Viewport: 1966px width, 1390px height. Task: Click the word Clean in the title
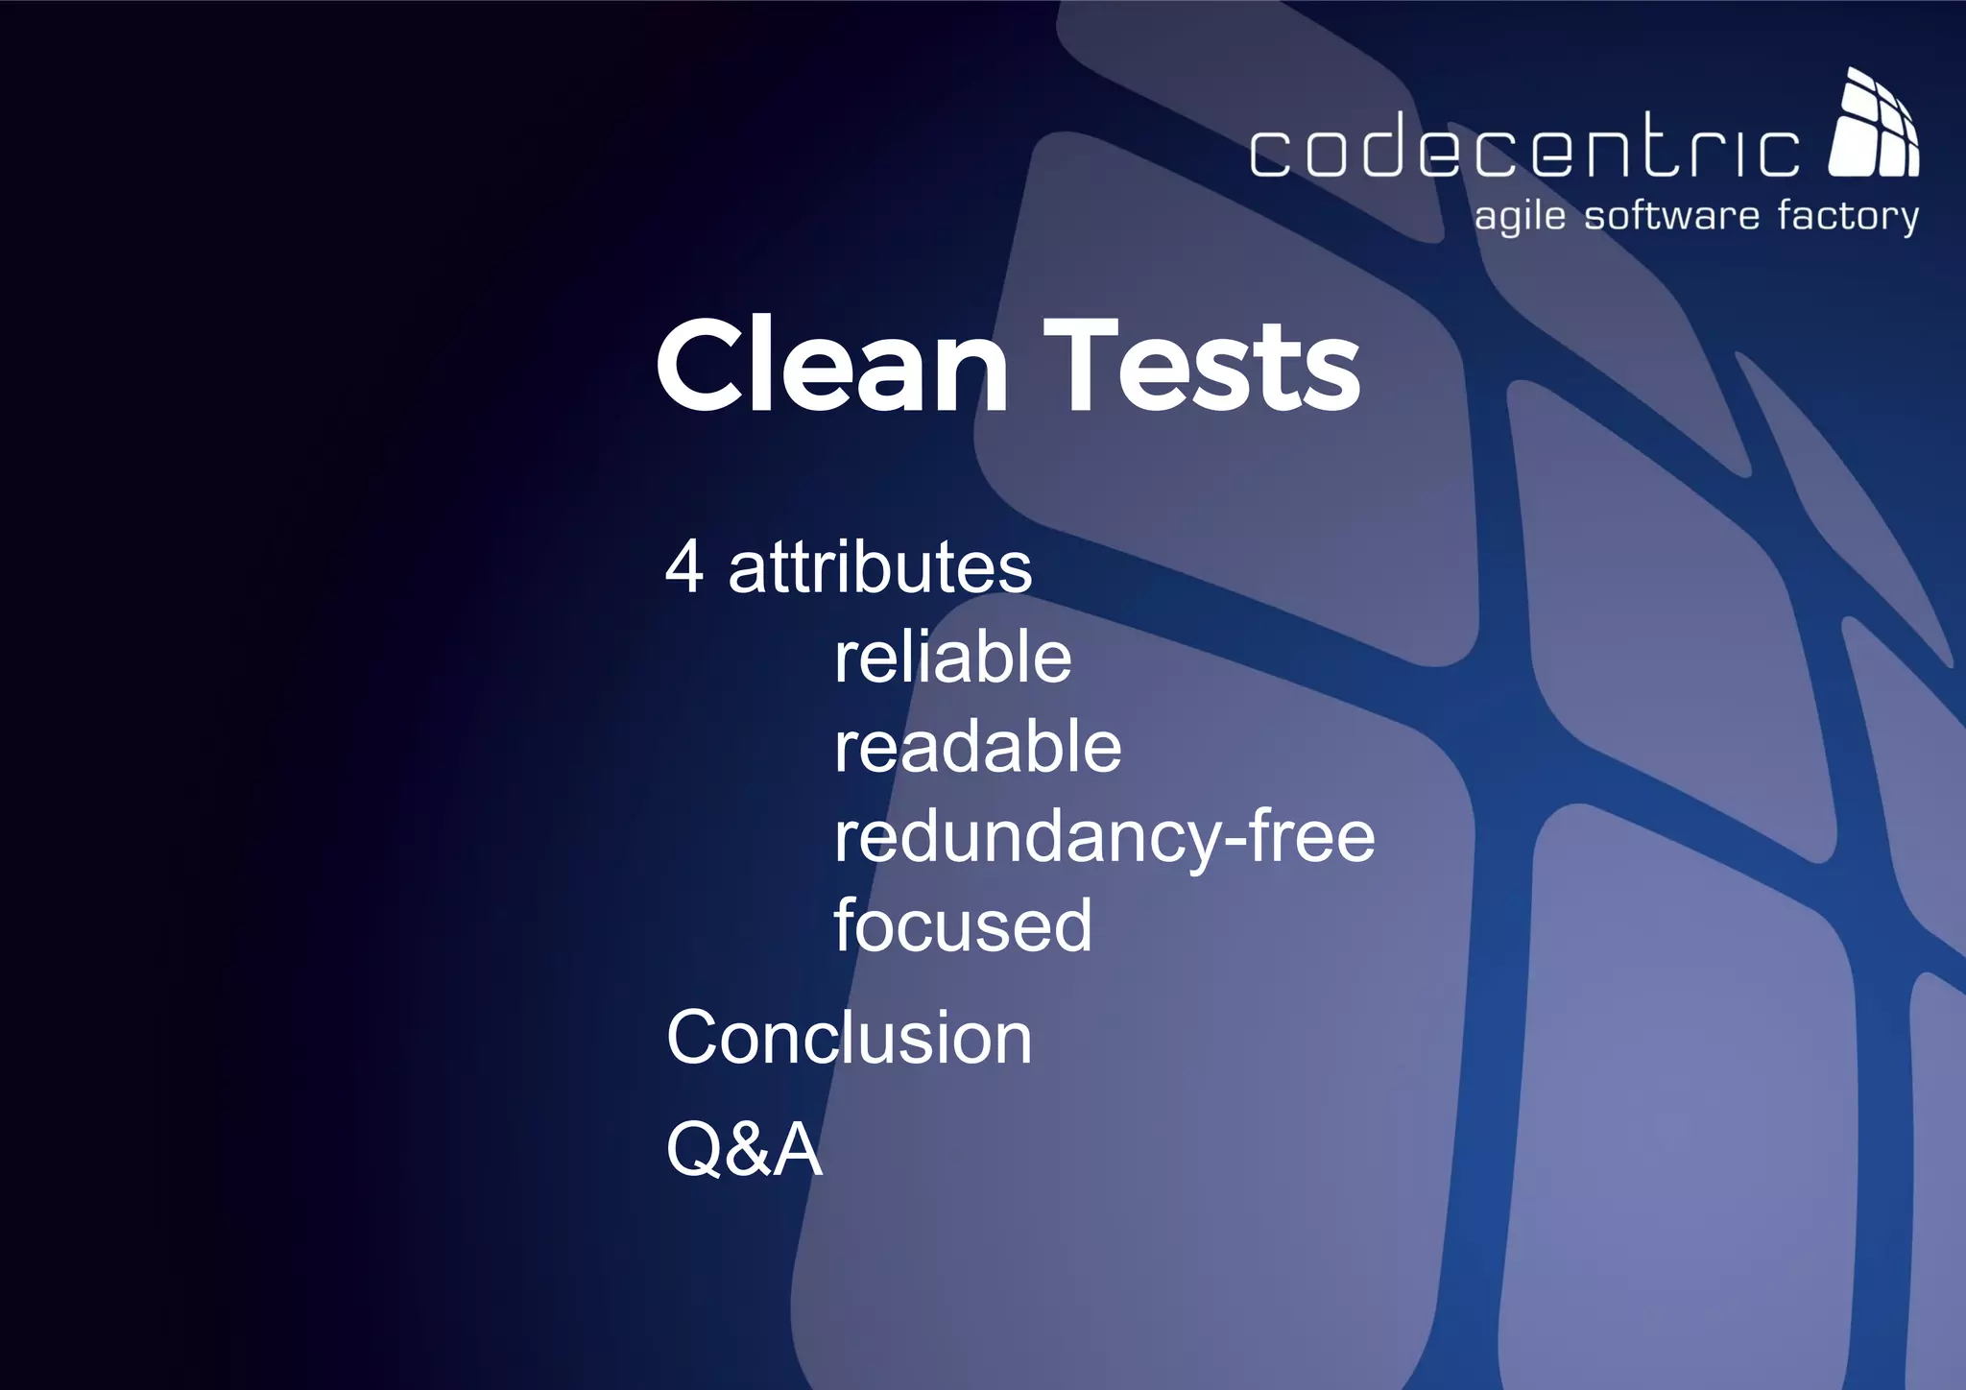(x=831, y=366)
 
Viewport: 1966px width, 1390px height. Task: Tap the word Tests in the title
(x=1202, y=366)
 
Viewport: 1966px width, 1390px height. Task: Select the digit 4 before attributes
(x=684, y=567)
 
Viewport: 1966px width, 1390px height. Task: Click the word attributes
(x=879, y=567)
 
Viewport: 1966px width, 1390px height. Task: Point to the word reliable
(x=952, y=658)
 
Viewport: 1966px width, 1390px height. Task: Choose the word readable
(x=977, y=748)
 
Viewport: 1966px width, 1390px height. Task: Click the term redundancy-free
(x=1104, y=837)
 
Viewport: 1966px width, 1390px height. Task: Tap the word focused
(x=963, y=925)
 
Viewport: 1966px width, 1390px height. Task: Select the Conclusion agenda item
(x=849, y=1038)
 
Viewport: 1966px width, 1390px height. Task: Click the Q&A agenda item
(x=744, y=1149)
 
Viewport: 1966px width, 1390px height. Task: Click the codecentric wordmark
(x=1524, y=147)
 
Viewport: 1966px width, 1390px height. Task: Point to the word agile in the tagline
(x=1520, y=217)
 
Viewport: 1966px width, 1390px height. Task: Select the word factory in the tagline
(x=1847, y=217)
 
